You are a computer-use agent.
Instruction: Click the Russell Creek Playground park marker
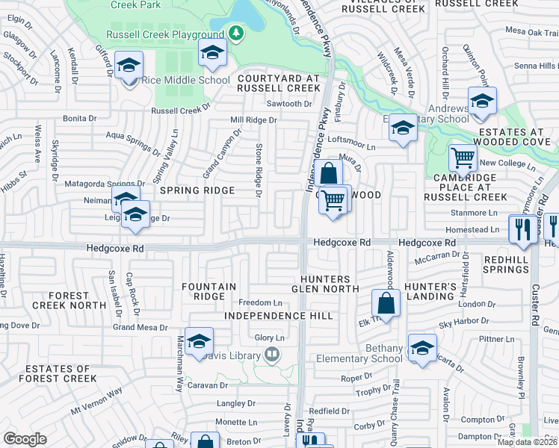point(237,34)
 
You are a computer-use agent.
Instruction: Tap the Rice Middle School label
point(176,81)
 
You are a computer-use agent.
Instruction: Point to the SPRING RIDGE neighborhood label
point(197,190)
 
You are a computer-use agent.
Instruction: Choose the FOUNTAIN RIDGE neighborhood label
point(209,291)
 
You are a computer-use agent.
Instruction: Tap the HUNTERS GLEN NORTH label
point(321,284)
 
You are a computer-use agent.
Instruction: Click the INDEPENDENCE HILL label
point(279,317)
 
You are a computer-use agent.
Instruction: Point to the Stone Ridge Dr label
point(259,170)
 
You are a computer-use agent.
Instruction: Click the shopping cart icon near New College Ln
point(463,158)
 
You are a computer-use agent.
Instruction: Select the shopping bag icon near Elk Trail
point(386,303)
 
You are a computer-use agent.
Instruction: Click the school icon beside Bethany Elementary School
point(421,349)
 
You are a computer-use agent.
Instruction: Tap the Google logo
point(25,439)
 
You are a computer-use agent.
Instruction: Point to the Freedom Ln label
point(260,302)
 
